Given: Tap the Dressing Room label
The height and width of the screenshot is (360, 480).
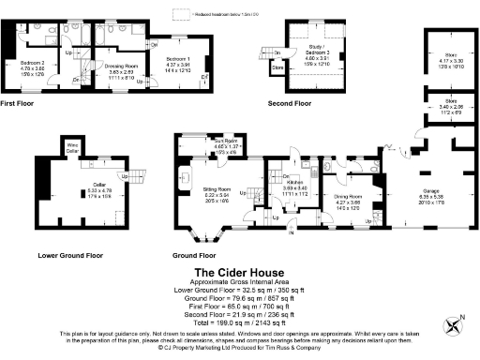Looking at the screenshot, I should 120,65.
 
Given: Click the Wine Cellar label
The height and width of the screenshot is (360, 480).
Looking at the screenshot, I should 71,145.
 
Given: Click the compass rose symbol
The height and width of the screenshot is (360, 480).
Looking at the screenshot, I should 457,326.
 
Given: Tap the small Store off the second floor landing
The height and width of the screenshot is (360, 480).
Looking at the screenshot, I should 277,67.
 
